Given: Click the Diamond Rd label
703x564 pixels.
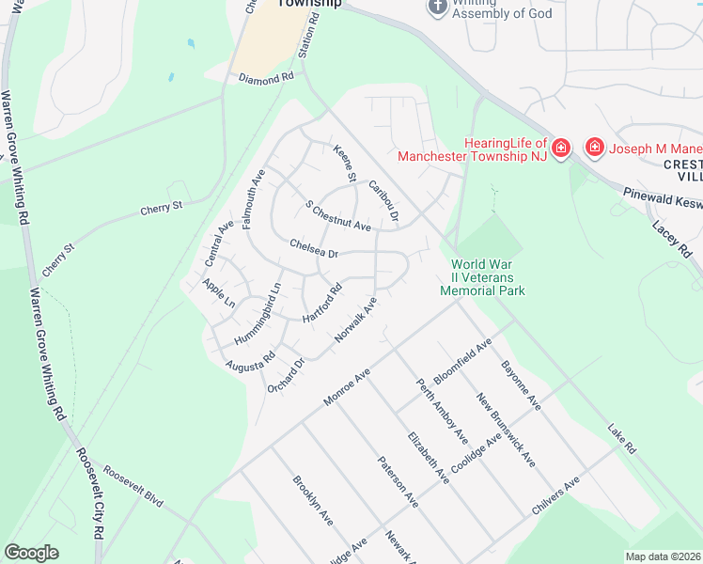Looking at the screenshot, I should tap(264, 79).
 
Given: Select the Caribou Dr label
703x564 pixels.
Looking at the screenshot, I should tap(384, 201).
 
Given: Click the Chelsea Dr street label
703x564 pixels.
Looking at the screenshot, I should tap(314, 248).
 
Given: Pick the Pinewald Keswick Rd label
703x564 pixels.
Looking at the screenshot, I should tap(662, 199).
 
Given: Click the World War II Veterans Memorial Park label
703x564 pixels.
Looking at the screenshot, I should tap(482, 277).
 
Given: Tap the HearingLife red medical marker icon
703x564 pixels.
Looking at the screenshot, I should tap(560, 148).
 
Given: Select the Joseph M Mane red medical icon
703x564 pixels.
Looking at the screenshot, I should tap(594, 148).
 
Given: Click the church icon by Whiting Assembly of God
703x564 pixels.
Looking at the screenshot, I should tap(436, 7).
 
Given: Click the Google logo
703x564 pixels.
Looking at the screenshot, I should tap(31, 553).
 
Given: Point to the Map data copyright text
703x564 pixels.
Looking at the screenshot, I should tap(664, 556).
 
